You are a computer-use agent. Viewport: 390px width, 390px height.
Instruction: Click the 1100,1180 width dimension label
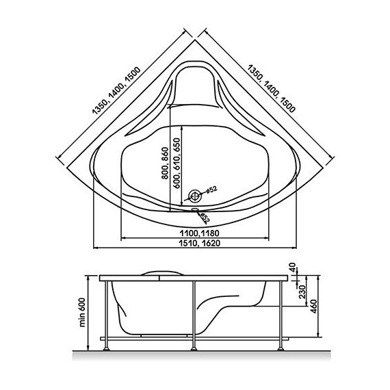200,233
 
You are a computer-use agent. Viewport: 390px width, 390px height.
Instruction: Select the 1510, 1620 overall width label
200,243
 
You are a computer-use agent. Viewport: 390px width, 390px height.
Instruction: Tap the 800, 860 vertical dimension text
165,163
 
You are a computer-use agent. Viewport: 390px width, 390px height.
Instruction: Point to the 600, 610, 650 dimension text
177,163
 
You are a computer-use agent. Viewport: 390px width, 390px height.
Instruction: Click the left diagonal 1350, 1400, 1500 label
116,90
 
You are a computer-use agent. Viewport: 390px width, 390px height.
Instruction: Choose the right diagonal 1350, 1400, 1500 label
272,88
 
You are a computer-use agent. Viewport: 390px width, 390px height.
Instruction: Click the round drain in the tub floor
195,196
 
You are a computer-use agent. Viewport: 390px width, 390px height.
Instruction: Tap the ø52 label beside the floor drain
211,190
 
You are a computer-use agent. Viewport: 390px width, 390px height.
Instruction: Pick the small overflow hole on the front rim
195,209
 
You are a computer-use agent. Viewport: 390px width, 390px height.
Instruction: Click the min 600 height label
82,313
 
